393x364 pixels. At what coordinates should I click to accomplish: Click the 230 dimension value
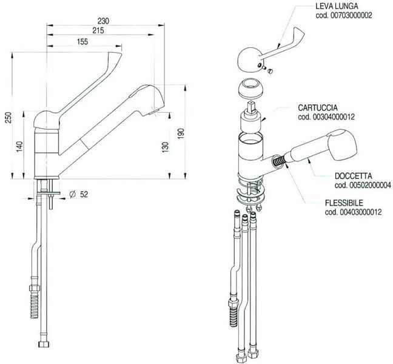point(103,21)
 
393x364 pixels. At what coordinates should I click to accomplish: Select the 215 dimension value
point(98,30)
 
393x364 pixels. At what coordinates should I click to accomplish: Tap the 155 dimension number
point(82,42)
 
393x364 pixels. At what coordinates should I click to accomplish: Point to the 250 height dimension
point(8,118)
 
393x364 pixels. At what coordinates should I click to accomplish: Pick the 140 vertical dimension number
point(19,147)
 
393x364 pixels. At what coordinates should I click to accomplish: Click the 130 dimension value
point(165,147)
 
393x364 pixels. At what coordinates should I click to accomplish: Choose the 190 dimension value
point(181,134)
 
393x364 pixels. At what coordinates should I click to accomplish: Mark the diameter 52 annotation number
point(84,194)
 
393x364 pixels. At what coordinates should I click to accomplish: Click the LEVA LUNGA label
point(337,6)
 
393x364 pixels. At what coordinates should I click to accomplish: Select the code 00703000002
point(344,15)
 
